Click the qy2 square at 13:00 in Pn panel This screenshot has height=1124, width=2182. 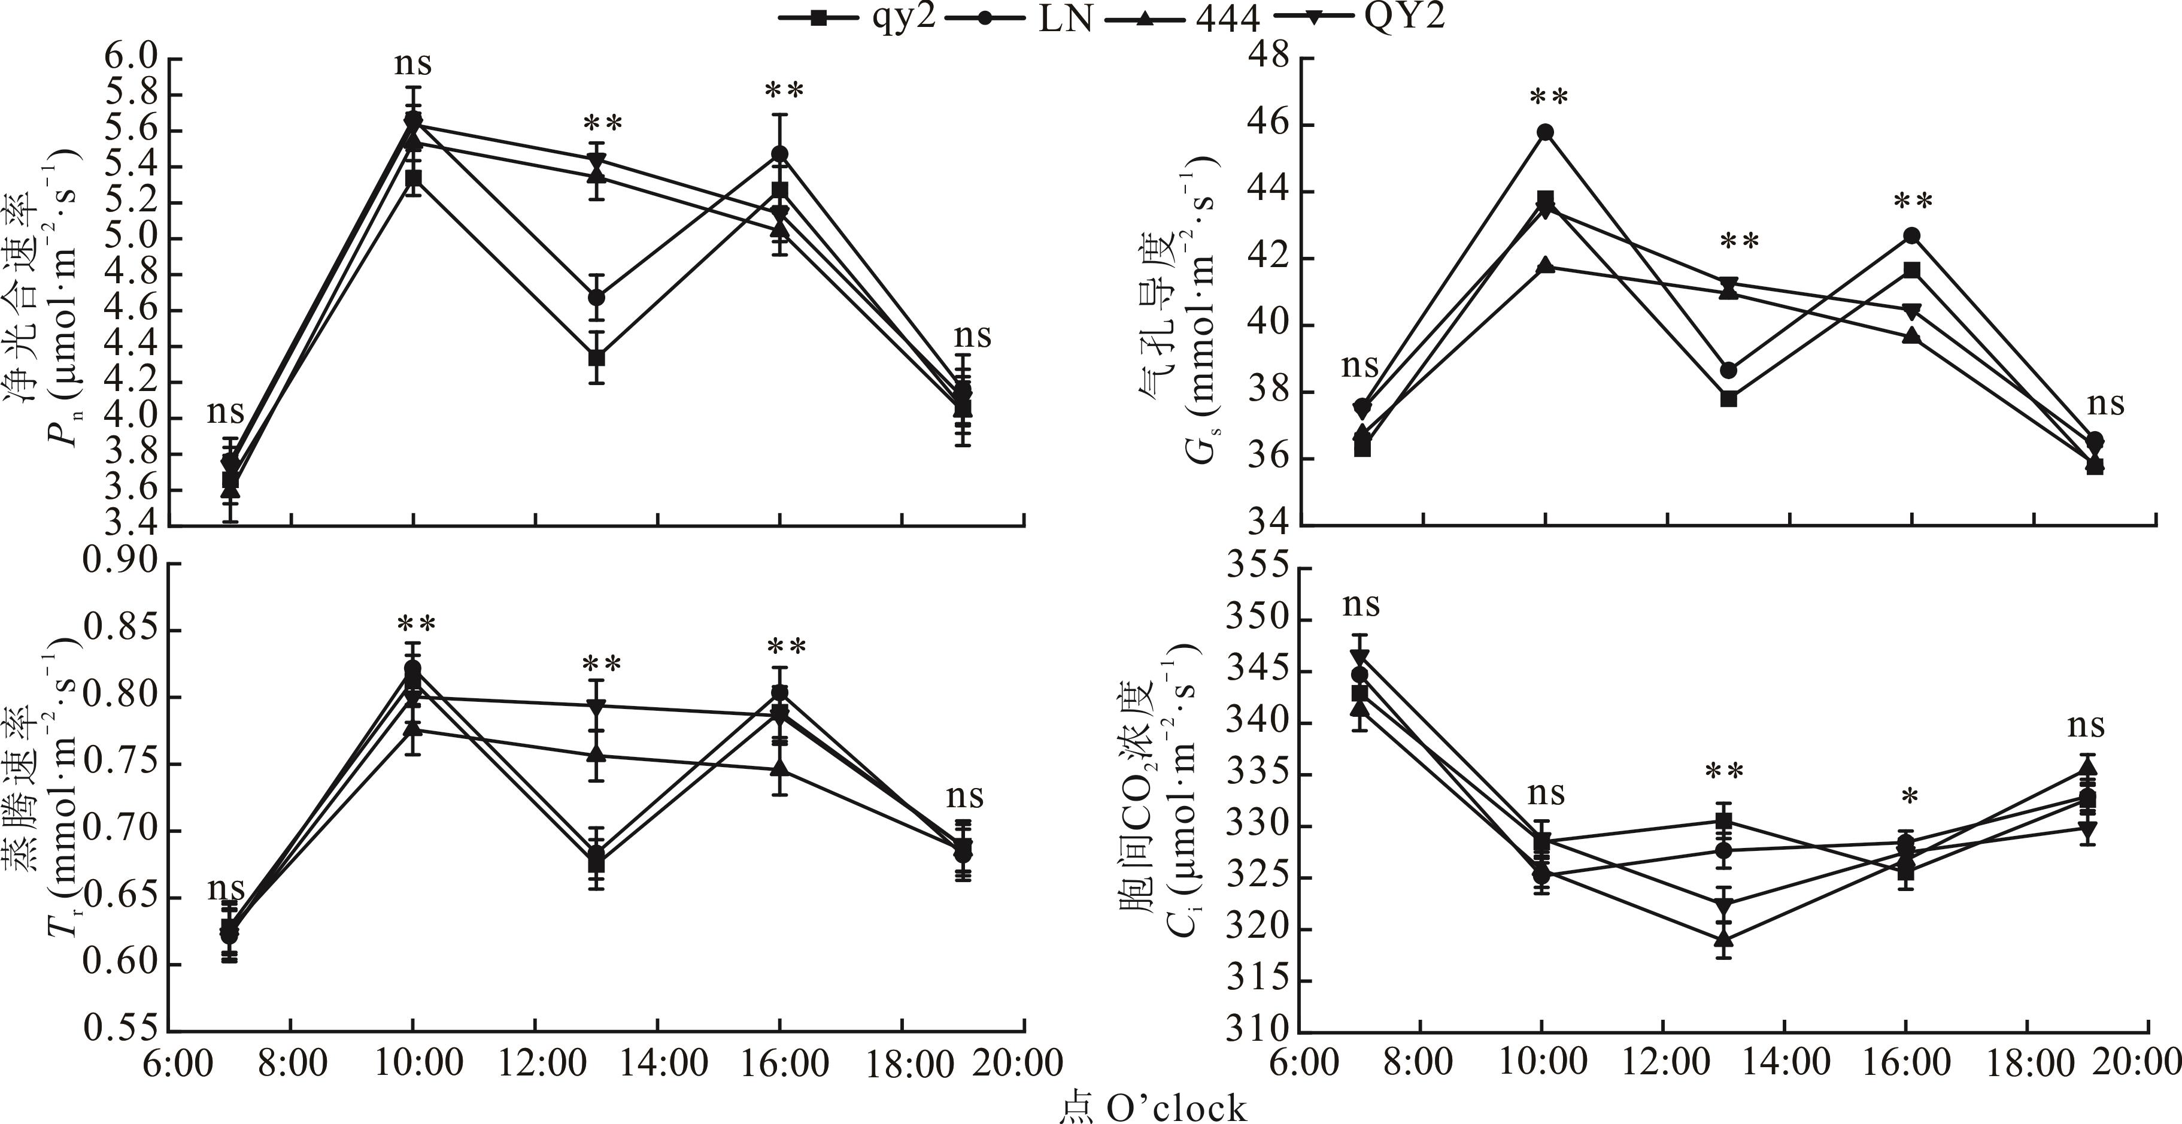597,358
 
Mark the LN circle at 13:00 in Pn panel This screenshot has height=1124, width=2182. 597,297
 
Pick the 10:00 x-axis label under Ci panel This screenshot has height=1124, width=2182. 1543,1062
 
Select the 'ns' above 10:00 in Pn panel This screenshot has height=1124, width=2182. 412,63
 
